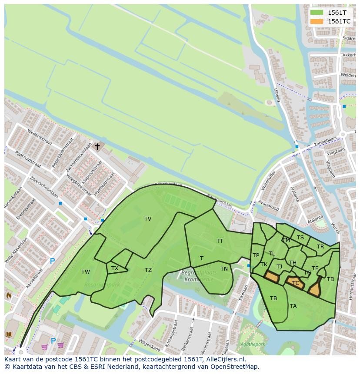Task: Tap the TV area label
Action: click(148, 219)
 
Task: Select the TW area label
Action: click(86, 272)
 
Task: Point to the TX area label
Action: click(115, 268)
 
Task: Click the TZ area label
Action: click(148, 270)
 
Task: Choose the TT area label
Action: click(220, 241)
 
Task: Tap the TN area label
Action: click(224, 269)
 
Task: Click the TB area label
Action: click(273, 298)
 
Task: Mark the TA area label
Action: click(293, 306)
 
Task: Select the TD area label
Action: click(330, 279)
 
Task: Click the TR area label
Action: click(320, 247)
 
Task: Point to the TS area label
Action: click(300, 238)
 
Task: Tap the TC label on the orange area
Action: click(296, 283)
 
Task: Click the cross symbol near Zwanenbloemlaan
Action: click(97, 147)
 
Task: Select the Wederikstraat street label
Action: click(40, 137)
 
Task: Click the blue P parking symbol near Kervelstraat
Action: click(52, 261)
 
